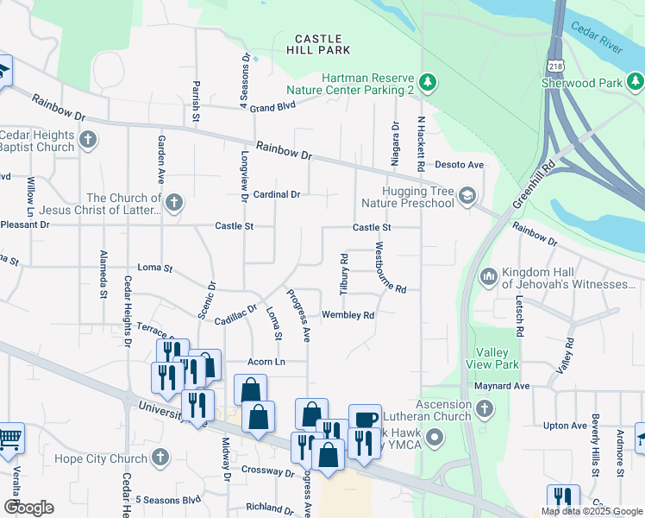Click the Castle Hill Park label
[x=318, y=46]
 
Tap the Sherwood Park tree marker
[x=636, y=83]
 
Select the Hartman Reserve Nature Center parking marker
[x=429, y=83]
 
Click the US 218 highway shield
[x=555, y=66]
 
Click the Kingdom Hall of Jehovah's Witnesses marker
[x=488, y=277]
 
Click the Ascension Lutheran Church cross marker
[x=485, y=409]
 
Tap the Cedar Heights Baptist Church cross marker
[x=88, y=140]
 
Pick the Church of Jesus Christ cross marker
[x=174, y=204]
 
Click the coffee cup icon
[x=365, y=420]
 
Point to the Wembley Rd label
[x=348, y=315]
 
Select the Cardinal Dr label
[x=276, y=194]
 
